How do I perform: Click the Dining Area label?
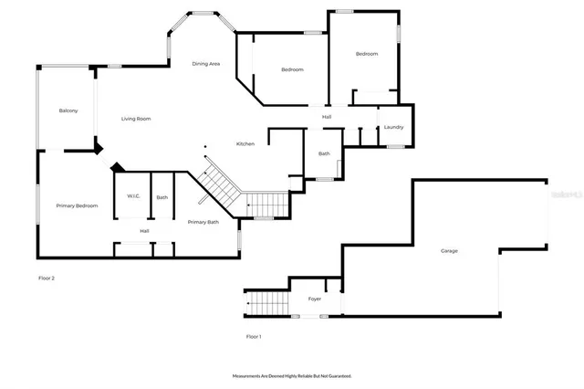point(205,64)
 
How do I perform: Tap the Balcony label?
point(68,110)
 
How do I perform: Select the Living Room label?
point(137,119)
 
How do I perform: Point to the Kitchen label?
point(245,144)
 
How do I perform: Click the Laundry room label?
point(393,127)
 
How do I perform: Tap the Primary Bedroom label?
point(77,206)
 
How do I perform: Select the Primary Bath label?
point(203,222)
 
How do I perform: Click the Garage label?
point(449,251)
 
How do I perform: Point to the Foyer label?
point(314,299)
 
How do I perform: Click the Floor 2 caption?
point(47,278)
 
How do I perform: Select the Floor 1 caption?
point(254,337)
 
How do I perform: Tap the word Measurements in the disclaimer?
point(249,375)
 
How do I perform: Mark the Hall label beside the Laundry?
point(327,117)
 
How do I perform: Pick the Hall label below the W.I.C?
point(144,231)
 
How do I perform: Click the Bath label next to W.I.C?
point(162,197)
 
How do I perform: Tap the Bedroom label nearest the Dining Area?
point(292,69)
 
